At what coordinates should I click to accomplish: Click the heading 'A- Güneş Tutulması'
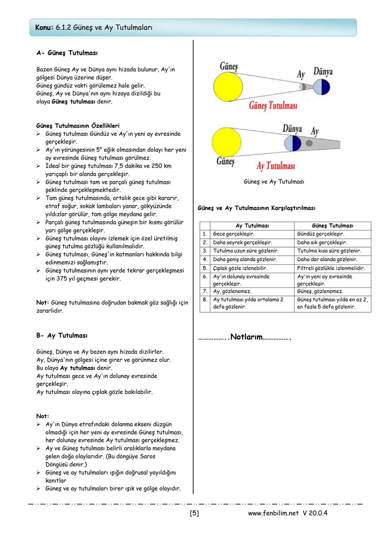coord(67,53)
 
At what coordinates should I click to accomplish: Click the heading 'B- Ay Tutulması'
coord(62,336)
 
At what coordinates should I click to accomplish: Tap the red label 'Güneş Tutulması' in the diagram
coord(273,105)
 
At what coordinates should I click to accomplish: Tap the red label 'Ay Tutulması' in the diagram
coord(276,166)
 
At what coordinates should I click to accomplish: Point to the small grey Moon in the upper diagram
coord(302,87)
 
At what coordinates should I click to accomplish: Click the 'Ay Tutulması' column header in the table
coord(252,226)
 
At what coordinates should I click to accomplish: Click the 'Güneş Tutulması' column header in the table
coord(332,226)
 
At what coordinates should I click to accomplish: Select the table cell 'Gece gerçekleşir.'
coord(233,234)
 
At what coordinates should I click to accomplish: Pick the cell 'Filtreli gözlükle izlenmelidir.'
coord(331,268)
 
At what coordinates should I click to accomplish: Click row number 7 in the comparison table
coord(205,291)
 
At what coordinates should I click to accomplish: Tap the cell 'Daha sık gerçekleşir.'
coord(322,243)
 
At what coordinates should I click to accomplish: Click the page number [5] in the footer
coord(194,513)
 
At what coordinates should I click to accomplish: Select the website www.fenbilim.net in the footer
coord(273,513)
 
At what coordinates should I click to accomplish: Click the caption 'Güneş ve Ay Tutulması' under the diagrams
coord(274,182)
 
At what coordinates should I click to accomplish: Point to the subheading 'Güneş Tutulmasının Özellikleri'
coord(78,126)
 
